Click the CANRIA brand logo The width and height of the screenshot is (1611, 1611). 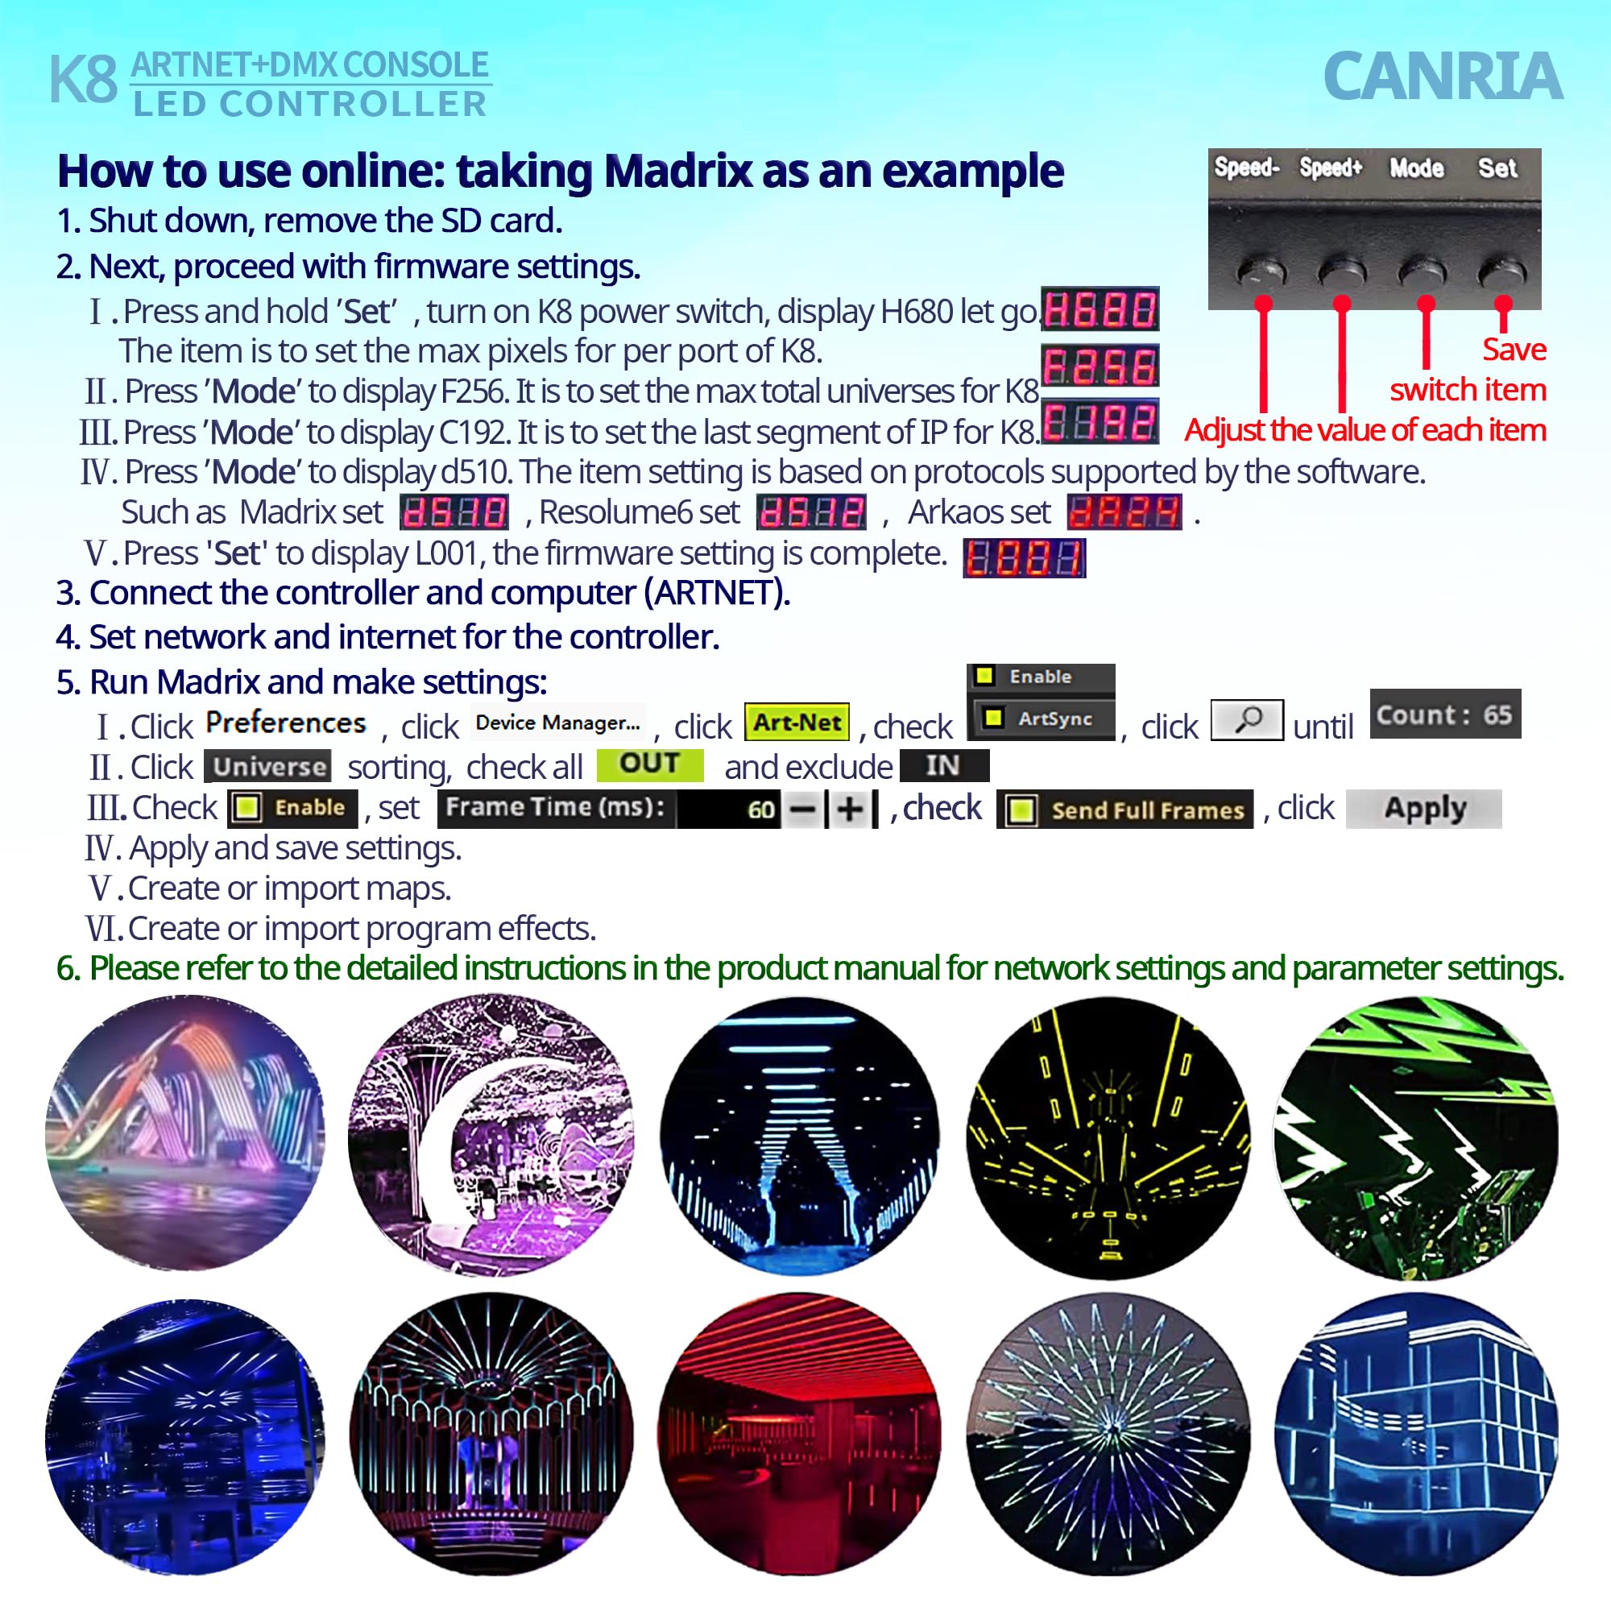[x=1442, y=77]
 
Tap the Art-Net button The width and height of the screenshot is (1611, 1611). [x=797, y=722]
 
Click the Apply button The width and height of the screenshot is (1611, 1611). [x=1423, y=808]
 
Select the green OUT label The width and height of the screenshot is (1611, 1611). [x=649, y=764]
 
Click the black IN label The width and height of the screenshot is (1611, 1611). [x=944, y=765]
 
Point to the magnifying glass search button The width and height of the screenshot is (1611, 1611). [x=1246, y=719]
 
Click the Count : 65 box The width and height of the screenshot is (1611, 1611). [x=1444, y=714]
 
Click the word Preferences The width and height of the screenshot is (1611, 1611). [x=285, y=722]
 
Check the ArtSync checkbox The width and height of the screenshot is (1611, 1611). [x=993, y=718]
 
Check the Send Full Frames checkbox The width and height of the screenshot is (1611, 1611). [x=1021, y=810]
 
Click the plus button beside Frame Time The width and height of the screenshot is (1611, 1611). [x=850, y=810]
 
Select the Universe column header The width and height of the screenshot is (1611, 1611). [x=267, y=766]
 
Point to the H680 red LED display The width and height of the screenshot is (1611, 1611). [x=1100, y=310]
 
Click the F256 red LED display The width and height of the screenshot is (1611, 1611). [x=1100, y=366]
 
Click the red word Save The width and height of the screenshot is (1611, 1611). [x=1514, y=350]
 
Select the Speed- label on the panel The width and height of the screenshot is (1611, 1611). [x=1246, y=168]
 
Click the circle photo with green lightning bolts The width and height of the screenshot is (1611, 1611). [x=1415, y=1137]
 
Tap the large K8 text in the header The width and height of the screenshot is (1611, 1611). [x=84, y=81]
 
